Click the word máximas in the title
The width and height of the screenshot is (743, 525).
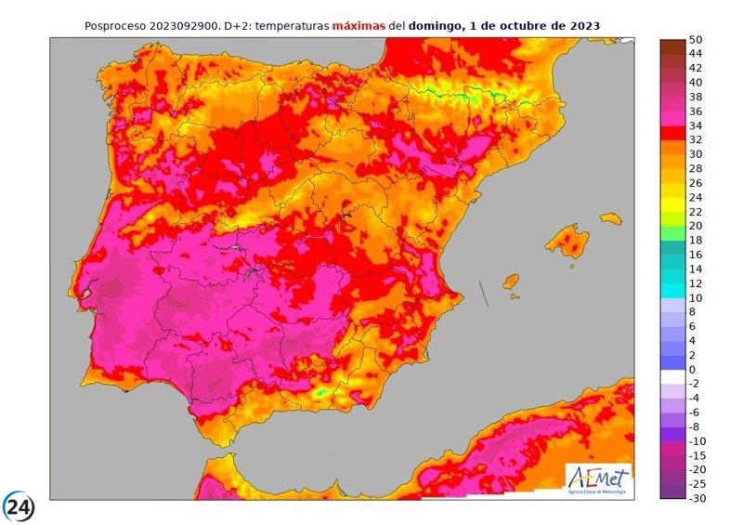coord(359,26)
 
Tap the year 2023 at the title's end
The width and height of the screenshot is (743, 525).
coord(580,26)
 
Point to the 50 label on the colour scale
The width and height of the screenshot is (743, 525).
coord(696,42)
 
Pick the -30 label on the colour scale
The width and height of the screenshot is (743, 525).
coord(697,499)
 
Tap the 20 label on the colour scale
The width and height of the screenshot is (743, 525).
coord(696,226)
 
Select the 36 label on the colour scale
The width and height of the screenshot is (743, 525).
coord(696,112)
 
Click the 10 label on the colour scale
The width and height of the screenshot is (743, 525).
coord(696,298)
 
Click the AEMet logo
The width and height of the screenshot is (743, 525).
coord(598,478)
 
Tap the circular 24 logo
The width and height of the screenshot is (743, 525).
coord(20,507)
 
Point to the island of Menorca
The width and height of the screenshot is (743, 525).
coord(610,218)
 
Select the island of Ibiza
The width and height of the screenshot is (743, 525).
coord(509,281)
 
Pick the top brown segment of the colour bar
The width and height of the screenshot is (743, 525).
coord(671,47)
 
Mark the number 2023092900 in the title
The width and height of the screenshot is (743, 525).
coord(194,26)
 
